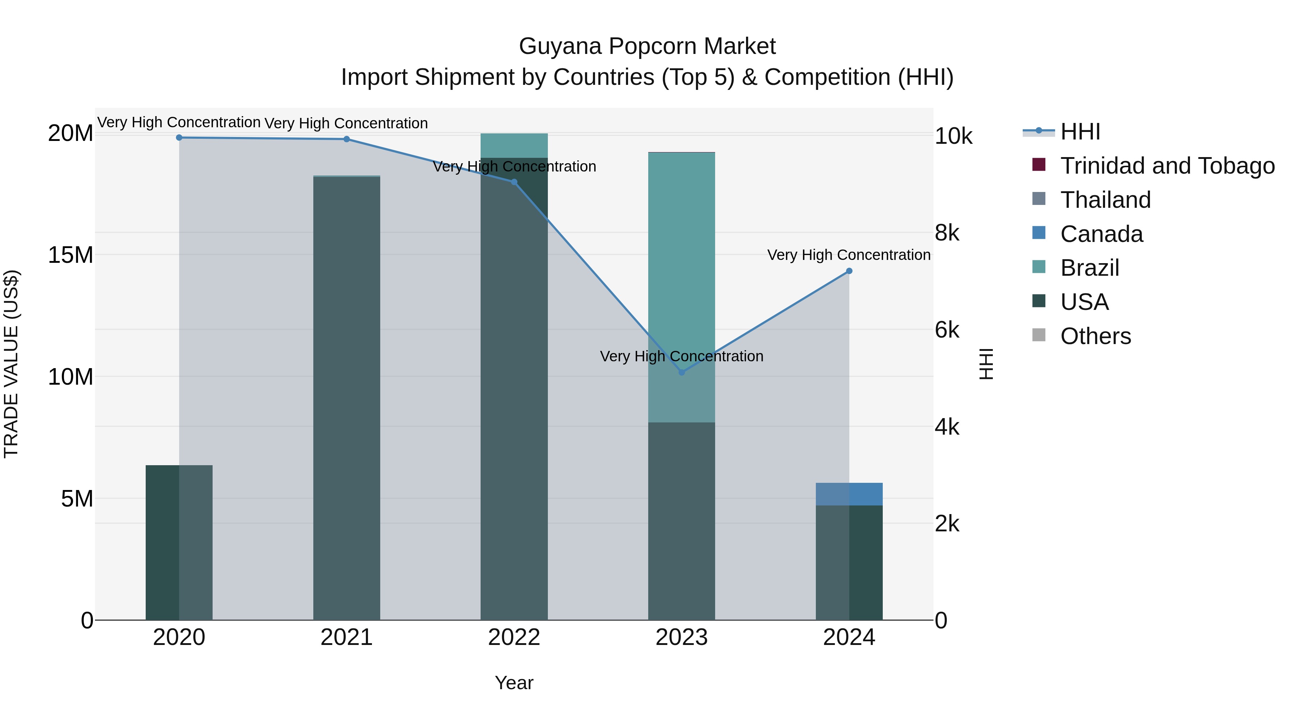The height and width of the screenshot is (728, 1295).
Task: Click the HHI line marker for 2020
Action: [x=179, y=137]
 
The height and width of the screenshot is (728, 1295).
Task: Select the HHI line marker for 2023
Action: [x=682, y=372]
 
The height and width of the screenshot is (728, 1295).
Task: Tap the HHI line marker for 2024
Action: [x=849, y=271]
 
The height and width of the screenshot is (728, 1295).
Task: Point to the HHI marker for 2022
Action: [x=514, y=182]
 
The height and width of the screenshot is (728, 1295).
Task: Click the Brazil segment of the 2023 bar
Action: [x=682, y=251]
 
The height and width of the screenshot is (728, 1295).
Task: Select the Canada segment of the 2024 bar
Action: [x=849, y=494]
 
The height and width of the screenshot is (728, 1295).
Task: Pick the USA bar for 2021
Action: [x=346, y=402]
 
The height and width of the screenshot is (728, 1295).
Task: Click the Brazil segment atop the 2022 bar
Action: [x=514, y=145]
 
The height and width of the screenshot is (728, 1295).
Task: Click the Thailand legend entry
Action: [x=1105, y=200]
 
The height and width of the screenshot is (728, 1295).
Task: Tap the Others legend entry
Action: [x=1095, y=336]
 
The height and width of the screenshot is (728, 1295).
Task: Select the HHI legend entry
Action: [x=1080, y=132]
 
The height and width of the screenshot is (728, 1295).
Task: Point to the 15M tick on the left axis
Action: [x=71, y=255]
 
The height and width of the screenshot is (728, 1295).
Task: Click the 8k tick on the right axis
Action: [x=947, y=233]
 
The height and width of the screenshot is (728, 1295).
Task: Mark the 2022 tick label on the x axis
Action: [x=514, y=637]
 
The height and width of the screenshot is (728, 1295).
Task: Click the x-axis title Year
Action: [x=514, y=683]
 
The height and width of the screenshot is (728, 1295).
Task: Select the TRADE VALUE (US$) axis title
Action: [x=11, y=364]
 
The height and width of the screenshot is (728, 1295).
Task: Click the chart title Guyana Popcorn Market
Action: [x=647, y=46]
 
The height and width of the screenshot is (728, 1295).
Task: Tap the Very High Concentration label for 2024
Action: [x=849, y=255]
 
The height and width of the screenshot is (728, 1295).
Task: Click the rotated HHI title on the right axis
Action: [x=986, y=364]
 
